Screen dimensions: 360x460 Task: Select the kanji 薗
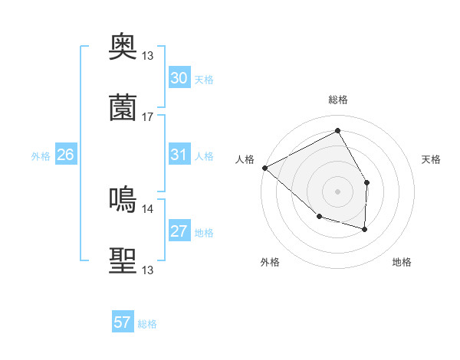pos(123,108)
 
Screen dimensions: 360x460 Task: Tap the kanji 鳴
pos(123,200)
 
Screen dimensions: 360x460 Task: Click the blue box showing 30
pos(179,78)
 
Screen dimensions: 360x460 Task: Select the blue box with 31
pos(179,155)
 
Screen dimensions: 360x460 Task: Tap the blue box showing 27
pos(179,231)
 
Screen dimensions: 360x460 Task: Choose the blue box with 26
pos(65,155)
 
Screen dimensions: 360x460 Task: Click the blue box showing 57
pos(123,322)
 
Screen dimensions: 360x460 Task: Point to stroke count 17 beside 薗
pos(148,116)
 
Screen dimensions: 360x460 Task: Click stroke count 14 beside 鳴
pos(148,208)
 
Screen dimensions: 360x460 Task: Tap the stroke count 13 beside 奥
pos(148,55)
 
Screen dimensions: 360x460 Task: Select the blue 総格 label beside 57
pos(147,324)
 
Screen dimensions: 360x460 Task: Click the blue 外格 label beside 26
pos(41,156)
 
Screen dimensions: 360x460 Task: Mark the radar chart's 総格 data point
pos(337,131)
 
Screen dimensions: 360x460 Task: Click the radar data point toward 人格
pos(264,168)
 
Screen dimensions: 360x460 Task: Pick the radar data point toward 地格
pos(365,229)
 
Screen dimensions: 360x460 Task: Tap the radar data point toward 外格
pos(319,217)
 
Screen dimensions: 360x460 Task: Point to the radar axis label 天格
pos(432,159)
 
